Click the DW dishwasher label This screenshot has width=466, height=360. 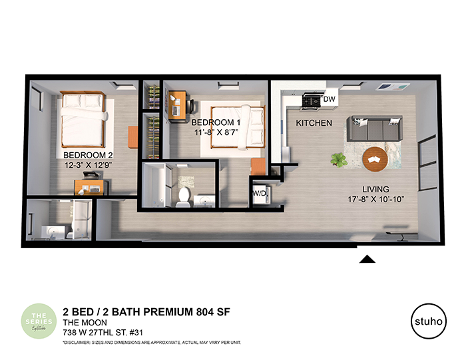point(330,99)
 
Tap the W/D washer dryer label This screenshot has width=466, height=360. point(259,194)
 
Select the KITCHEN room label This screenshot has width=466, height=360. point(314,123)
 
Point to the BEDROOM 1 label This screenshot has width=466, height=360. point(216,123)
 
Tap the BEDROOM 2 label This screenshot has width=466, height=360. point(82,151)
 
